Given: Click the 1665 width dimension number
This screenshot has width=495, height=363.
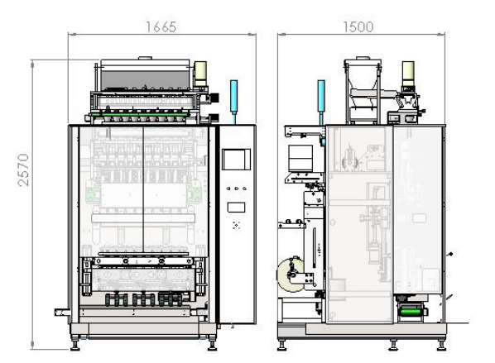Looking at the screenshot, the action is click(x=161, y=27).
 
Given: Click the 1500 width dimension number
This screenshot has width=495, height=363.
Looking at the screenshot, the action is click(x=358, y=27).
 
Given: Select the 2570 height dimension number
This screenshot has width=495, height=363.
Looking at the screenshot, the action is click(x=24, y=170).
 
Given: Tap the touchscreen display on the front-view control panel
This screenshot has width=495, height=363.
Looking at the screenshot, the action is click(x=236, y=160).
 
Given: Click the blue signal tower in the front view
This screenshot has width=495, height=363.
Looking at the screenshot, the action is click(x=233, y=97).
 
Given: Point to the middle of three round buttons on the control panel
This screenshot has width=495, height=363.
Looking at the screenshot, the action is click(x=237, y=189).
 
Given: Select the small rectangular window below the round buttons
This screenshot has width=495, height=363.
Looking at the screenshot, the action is click(x=236, y=208).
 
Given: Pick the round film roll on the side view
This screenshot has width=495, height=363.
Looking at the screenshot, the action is click(x=291, y=275).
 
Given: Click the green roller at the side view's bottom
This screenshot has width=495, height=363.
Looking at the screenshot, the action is click(x=411, y=313).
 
